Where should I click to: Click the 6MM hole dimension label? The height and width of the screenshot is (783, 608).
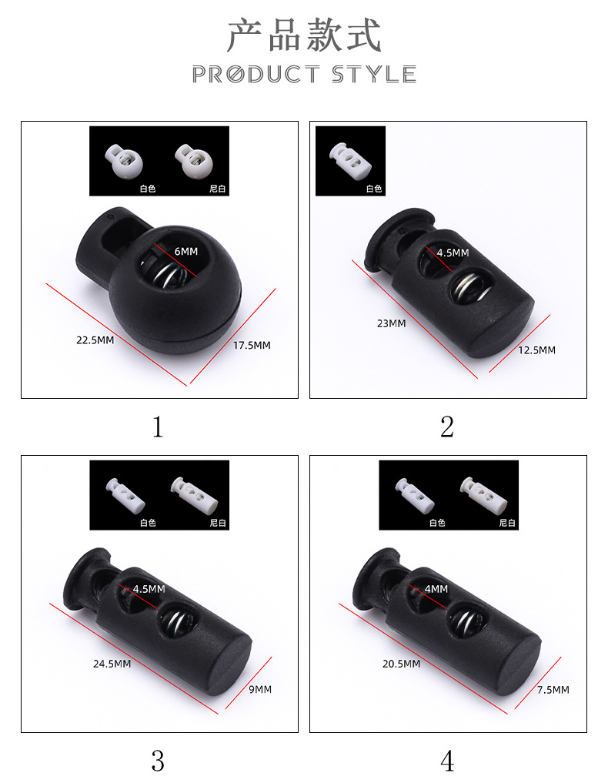point(186,251)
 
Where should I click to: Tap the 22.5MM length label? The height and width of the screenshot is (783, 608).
point(95,340)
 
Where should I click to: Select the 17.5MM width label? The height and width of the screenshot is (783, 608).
point(252,345)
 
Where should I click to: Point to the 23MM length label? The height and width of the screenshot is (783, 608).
point(392,323)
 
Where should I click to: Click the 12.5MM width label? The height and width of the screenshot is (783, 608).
point(536,350)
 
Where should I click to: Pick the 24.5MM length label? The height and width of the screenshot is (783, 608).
point(112,664)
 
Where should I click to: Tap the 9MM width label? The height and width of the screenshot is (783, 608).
point(260,689)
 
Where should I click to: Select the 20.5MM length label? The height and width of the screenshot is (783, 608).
point(401,664)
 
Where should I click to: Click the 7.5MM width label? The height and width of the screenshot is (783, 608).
point(553,690)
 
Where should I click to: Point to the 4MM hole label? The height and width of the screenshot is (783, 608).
point(436,589)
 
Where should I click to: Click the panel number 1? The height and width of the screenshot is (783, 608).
point(158,427)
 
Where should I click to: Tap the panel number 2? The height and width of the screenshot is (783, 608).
point(447,427)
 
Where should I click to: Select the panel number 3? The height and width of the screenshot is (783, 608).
point(158,761)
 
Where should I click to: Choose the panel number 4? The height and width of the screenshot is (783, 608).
point(447,761)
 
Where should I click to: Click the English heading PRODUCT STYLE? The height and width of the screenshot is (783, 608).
point(304,75)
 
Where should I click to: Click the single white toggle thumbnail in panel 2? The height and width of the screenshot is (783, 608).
point(350,159)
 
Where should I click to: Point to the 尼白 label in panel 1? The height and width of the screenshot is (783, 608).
point(218,189)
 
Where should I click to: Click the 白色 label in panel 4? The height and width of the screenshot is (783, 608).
point(437,523)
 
